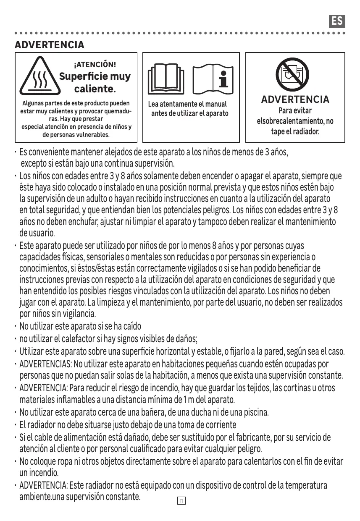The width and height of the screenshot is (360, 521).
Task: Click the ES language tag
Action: tap(337, 21)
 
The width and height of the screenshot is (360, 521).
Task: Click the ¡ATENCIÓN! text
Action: tap(95, 65)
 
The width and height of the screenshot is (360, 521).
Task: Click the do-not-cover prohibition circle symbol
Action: tap(292, 74)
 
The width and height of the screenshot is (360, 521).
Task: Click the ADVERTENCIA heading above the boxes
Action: tap(50, 45)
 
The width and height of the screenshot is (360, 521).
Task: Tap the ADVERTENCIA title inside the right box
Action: tap(295, 99)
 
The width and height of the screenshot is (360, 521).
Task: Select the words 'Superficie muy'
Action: tap(95, 76)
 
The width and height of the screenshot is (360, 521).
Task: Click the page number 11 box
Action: tap(181, 501)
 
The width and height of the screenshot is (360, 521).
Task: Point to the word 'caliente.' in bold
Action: tap(95, 89)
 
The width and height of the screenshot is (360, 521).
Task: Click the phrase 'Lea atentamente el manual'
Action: tap(187, 104)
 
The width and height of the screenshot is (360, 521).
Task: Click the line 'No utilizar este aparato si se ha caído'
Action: tap(80, 326)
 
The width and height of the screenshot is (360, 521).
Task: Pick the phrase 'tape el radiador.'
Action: tap(295, 132)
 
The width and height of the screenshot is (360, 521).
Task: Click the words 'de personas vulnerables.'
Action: tap(76, 135)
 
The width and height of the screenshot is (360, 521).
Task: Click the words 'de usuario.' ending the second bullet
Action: tap(37, 233)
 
